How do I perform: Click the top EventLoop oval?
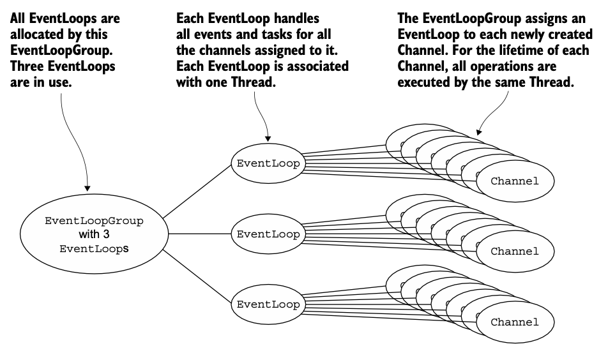(268, 163)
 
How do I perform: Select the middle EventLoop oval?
(268, 234)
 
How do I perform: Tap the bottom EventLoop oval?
(268, 304)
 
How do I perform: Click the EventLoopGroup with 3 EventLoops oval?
(94, 234)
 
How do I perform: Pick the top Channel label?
(515, 181)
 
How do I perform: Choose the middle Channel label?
(515, 251)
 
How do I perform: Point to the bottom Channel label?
(515, 322)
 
